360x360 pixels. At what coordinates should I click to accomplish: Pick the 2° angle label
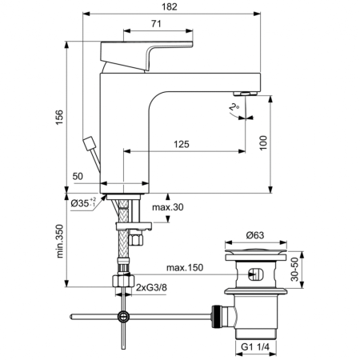(233, 106)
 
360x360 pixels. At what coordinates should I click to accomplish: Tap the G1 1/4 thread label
(254, 349)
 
